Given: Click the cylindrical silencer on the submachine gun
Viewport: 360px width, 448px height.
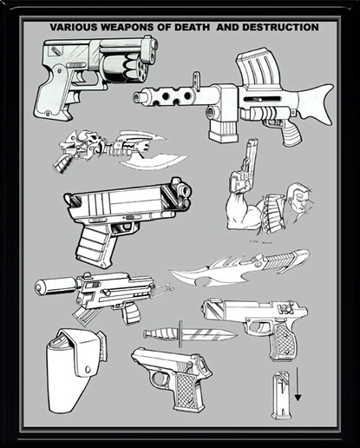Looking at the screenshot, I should (53, 287).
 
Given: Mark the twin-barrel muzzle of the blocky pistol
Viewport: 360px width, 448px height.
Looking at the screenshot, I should (180, 194).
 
